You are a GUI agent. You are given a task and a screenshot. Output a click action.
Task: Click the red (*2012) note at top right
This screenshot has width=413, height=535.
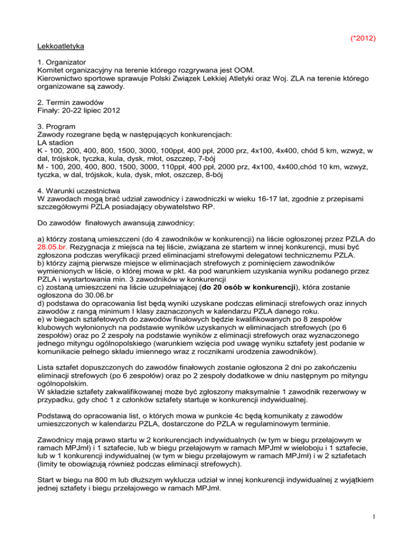(x=362, y=39)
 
